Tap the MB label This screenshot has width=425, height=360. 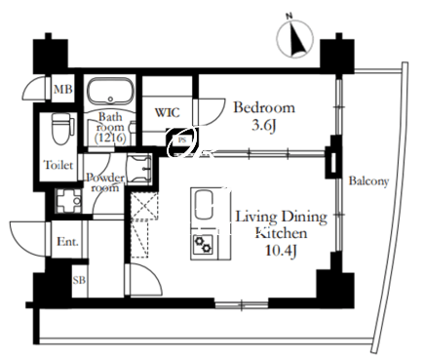(x=63, y=89)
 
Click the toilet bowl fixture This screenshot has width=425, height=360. (x=60, y=129)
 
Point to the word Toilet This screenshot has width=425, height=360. (x=58, y=165)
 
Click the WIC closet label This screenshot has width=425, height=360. (x=167, y=112)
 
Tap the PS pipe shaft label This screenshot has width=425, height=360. (x=181, y=140)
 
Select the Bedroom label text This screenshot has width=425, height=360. (x=264, y=107)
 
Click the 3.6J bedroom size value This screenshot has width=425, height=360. (x=264, y=126)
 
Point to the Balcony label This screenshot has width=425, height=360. (x=368, y=181)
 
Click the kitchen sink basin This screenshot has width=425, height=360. (x=204, y=205)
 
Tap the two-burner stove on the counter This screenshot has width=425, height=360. (x=204, y=245)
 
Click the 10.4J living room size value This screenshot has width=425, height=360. (x=281, y=251)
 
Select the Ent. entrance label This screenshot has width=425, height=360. (x=67, y=242)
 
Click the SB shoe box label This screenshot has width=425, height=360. (x=79, y=280)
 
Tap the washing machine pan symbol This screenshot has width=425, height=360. (x=68, y=201)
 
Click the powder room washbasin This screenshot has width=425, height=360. (x=139, y=170)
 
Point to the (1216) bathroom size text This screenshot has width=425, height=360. (x=110, y=139)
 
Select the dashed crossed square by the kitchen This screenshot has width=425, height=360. (x=144, y=206)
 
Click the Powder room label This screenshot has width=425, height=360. (x=105, y=182)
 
